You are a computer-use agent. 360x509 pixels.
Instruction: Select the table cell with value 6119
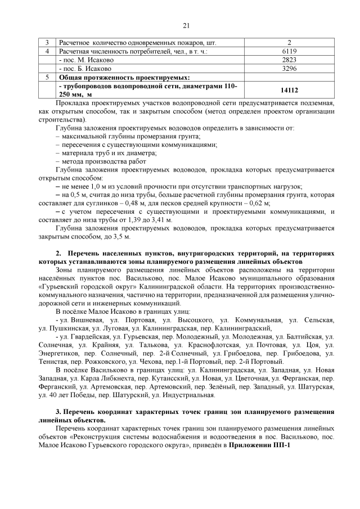289,51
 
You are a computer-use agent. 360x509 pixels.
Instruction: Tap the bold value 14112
289,90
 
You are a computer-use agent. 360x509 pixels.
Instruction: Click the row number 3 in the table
47,43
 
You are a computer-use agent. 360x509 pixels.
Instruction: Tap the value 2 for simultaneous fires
289,43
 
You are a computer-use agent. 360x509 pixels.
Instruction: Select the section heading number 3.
58,413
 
